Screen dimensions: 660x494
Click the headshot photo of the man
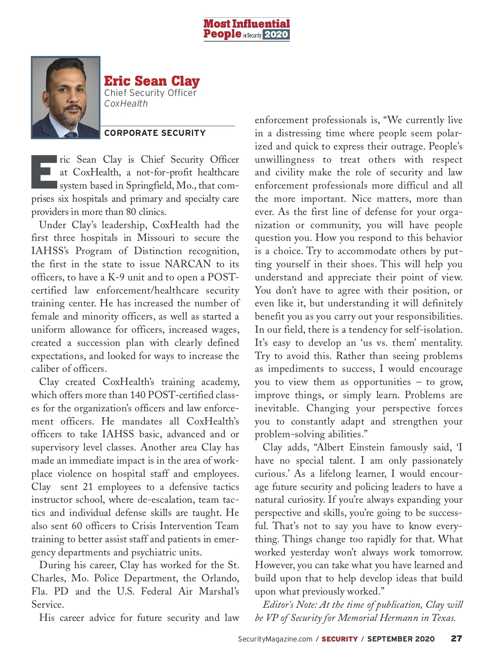coord(66,97)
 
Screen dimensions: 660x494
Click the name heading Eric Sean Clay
coord(151,81)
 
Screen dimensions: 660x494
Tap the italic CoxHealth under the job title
coord(126,104)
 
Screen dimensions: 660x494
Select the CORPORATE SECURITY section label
coord(155,133)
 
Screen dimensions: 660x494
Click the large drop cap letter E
coord(44,171)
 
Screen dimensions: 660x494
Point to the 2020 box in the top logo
coord(276,35)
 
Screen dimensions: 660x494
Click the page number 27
coord(457,639)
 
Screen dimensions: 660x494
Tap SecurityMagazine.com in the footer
coord(275,639)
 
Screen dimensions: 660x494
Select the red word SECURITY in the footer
coord(340,639)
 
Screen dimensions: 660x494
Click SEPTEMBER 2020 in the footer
coord(401,639)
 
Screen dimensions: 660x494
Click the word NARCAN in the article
coord(188,264)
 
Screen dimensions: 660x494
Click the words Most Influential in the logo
coord(247,23)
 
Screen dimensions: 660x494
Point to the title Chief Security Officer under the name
coord(150,93)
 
